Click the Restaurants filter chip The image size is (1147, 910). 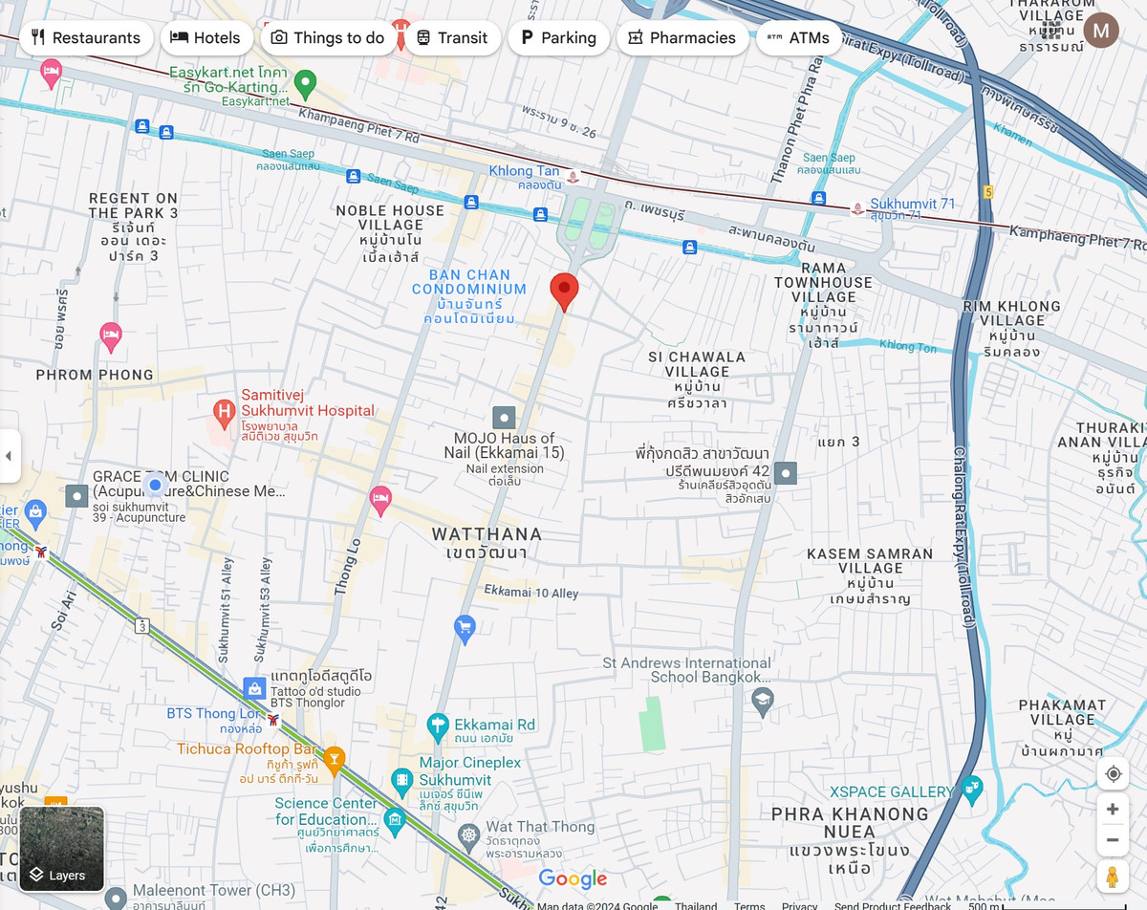86,38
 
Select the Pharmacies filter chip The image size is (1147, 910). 682,38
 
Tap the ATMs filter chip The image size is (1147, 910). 799,38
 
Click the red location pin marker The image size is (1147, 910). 564,290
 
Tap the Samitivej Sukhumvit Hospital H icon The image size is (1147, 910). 224,414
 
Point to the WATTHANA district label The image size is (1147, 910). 487,534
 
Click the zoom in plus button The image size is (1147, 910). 1113,810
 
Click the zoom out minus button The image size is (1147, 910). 1113,840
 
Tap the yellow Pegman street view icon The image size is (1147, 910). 1113,876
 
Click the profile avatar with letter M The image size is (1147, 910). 1101,31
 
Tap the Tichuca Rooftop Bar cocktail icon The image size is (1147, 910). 334,759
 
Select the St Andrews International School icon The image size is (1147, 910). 762,702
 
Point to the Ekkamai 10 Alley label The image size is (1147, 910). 530,593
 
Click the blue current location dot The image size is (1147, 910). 155,485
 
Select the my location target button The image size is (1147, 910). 1113,773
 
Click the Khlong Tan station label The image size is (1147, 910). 524,171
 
